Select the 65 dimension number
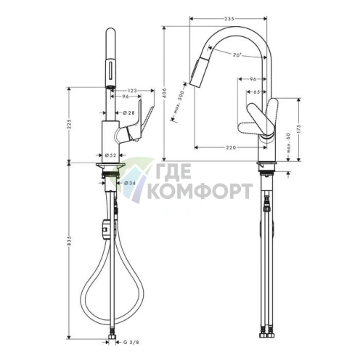point(258,92)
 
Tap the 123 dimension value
point(131,90)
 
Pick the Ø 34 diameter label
point(127,182)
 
